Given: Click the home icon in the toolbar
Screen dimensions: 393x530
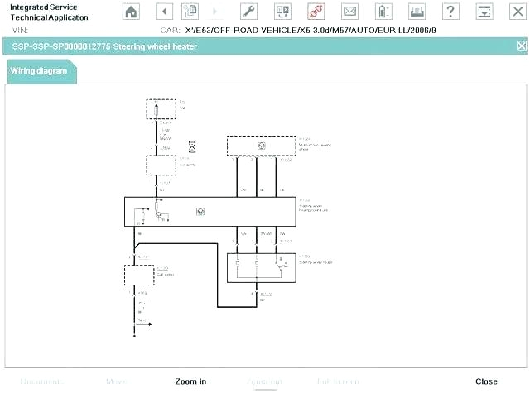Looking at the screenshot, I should tap(131, 11).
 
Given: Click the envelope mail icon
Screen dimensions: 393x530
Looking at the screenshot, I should tap(349, 11).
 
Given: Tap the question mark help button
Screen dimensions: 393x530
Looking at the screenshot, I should tap(450, 11).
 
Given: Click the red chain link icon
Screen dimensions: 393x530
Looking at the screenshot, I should tap(316, 11).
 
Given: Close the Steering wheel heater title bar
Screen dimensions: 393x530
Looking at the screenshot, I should tap(521, 46).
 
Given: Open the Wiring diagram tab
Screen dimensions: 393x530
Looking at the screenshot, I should tap(39, 71).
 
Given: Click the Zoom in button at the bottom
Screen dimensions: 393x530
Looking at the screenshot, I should tap(190, 381).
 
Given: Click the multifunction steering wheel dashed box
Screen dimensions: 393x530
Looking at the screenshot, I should tap(261, 146).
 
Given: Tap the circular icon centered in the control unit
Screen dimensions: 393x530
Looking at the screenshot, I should tap(200, 212).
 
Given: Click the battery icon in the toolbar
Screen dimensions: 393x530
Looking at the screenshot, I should tap(383, 11).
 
